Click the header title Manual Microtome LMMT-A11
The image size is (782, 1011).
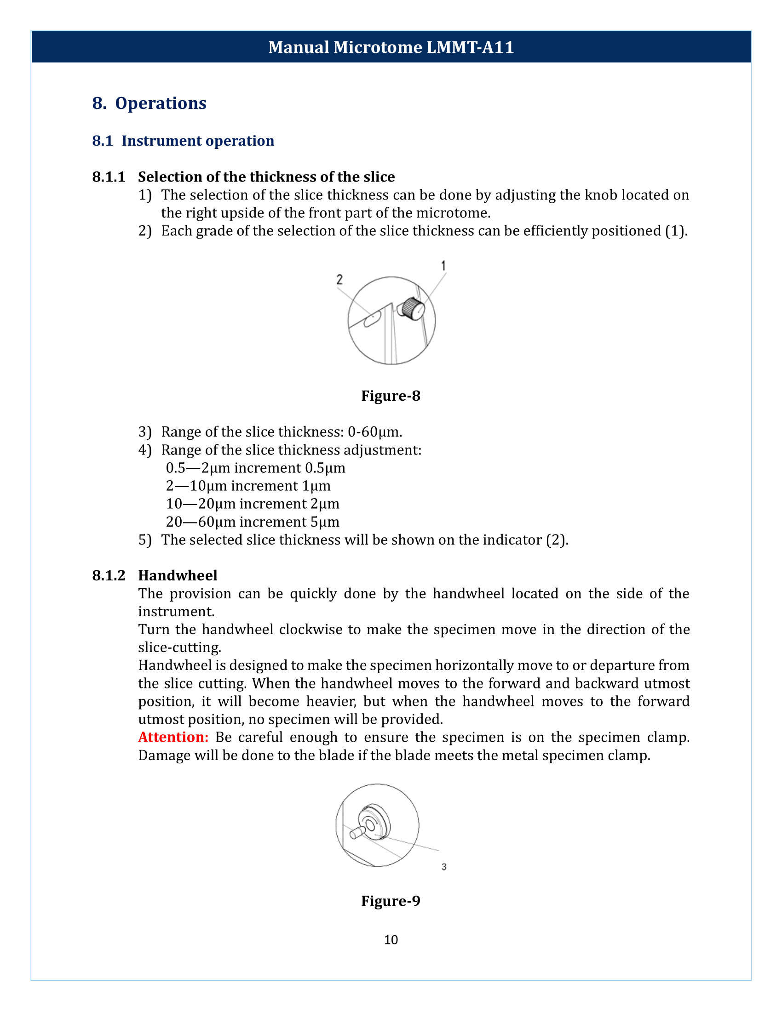tap(391, 47)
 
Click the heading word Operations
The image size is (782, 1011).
tap(160, 103)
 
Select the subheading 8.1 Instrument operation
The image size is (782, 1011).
tap(184, 141)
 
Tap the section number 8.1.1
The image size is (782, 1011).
tap(109, 177)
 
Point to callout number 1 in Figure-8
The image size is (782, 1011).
tap(443, 266)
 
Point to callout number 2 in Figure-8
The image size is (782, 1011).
tap(339, 279)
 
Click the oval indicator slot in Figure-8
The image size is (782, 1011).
tap(372, 319)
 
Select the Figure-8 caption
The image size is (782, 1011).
tap(391, 396)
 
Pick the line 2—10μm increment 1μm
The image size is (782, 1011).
tap(248, 486)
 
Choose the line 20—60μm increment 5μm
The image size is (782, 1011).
tap(253, 522)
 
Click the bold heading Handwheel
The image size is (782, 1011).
tap(178, 575)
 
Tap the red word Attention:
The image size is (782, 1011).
tap(173, 737)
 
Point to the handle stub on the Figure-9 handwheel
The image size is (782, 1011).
tap(356, 833)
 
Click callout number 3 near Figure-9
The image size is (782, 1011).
tap(444, 867)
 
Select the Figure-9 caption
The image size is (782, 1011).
tap(391, 901)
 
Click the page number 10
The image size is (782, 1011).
tap(391, 940)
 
